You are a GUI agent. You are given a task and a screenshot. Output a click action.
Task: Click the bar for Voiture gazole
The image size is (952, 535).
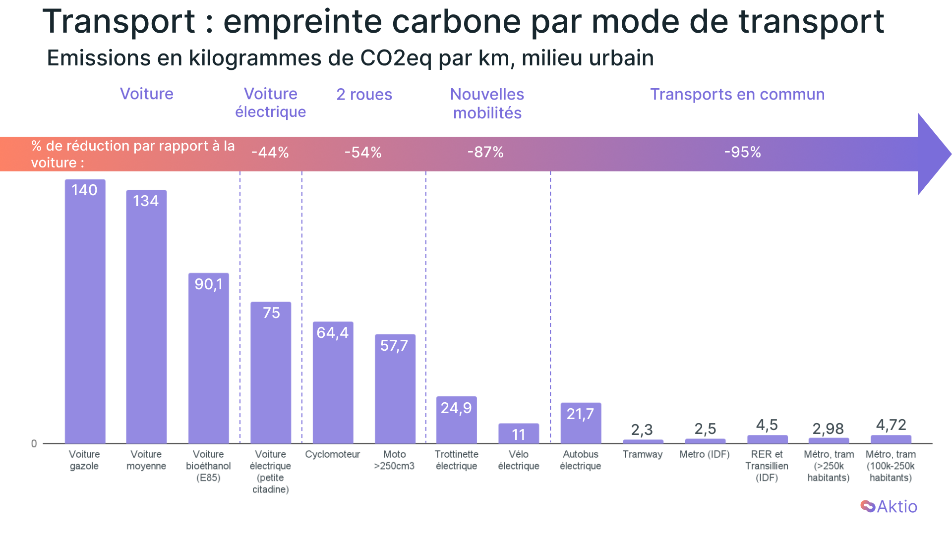pyautogui.click(x=85, y=312)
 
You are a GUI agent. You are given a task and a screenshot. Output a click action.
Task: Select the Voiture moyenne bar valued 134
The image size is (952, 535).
pyautogui.click(x=146, y=317)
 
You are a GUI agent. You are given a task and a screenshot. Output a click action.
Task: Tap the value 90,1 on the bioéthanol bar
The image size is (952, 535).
pyautogui.click(x=209, y=284)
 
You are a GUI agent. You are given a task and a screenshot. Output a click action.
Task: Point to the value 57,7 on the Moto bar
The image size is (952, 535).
pyautogui.click(x=394, y=346)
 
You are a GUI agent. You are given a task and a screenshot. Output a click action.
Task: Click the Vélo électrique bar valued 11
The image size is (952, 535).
pyautogui.click(x=519, y=433)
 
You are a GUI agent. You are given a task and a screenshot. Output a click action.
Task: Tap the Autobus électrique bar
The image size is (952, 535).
pyautogui.click(x=581, y=423)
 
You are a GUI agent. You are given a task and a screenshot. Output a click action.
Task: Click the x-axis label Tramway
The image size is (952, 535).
pyautogui.click(x=643, y=454)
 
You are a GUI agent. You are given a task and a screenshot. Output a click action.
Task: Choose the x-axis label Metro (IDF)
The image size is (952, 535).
pyautogui.click(x=705, y=454)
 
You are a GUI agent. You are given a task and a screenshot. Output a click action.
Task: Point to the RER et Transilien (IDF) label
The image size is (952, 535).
pyautogui.click(x=767, y=466)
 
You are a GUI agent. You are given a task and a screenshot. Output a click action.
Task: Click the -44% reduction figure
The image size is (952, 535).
pyautogui.click(x=270, y=153)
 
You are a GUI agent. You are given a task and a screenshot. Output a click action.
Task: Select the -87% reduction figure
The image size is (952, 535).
pyautogui.click(x=485, y=152)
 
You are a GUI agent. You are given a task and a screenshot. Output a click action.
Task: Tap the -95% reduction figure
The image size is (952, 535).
pyautogui.click(x=743, y=152)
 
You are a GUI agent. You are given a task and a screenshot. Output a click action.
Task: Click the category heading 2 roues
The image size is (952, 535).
pyautogui.click(x=364, y=95)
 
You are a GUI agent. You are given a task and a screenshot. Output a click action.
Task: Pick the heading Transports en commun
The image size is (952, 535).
pyautogui.click(x=737, y=95)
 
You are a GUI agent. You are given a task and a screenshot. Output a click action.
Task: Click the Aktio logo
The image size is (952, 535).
pyautogui.click(x=889, y=506)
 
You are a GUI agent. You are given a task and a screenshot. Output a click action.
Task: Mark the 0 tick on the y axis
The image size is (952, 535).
pyautogui.click(x=34, y=443)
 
